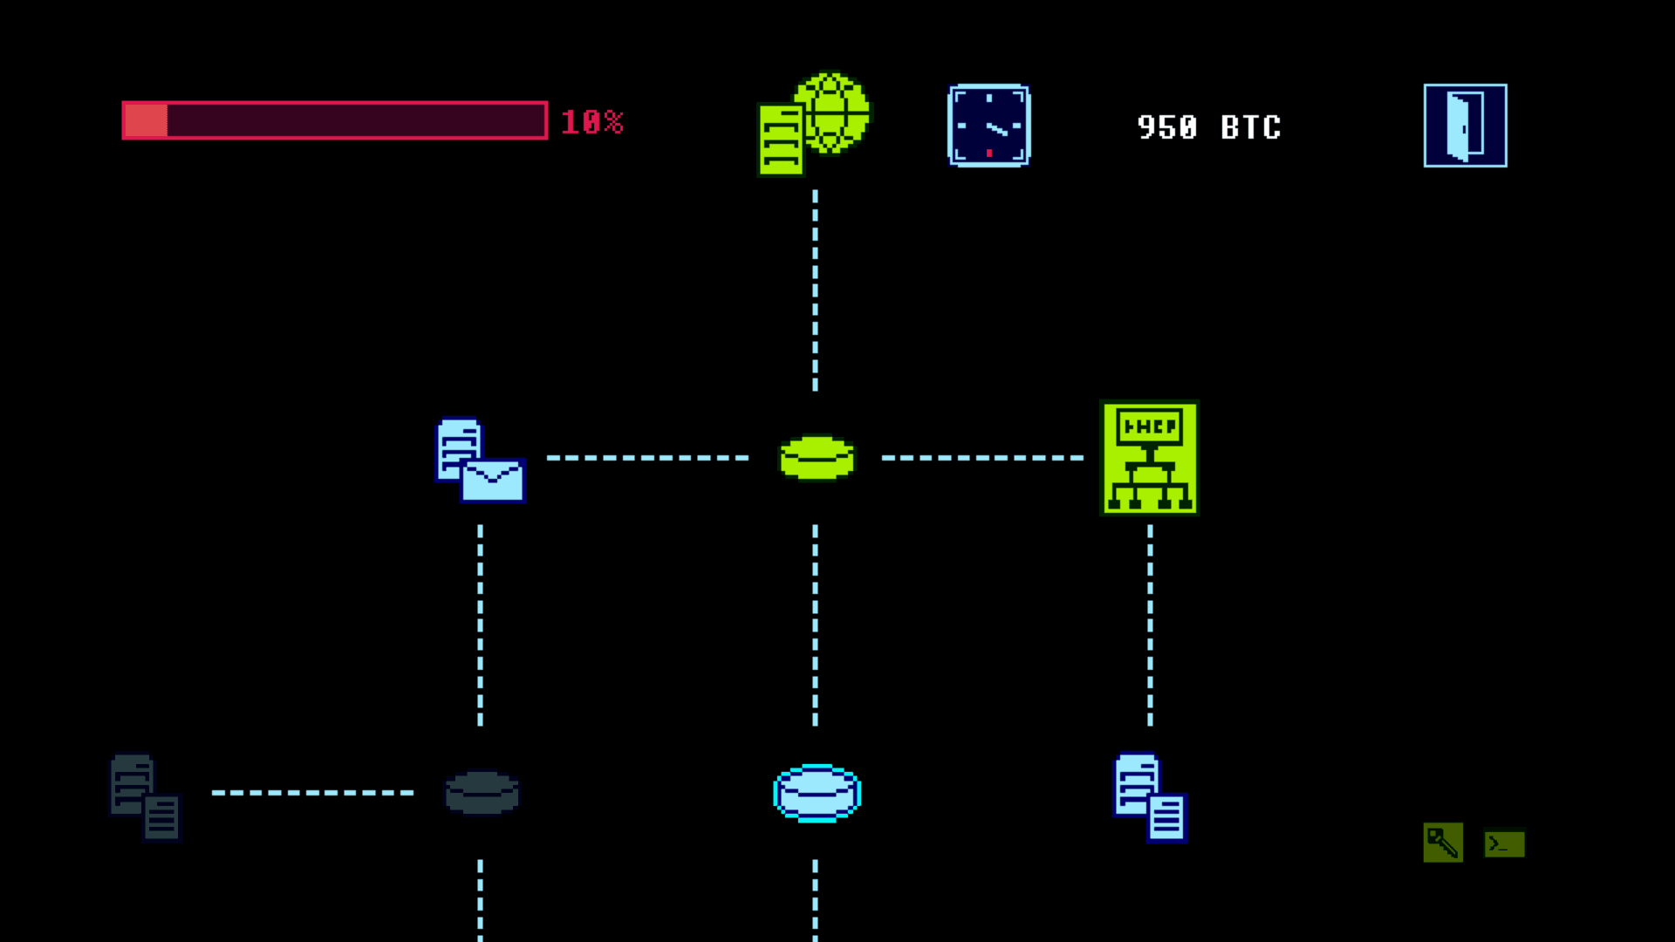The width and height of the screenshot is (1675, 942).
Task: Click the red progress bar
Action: coord(335,120)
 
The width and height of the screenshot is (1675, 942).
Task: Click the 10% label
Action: coord(591,122)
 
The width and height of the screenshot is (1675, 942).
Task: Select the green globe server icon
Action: coord(814,123)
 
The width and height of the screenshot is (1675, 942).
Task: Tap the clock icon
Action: coord(988,126)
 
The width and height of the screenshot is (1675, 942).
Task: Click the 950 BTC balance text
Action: coord(1209,127)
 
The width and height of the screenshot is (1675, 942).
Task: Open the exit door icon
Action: coord(1465,126)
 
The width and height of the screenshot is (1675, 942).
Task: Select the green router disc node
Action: coord(817,458)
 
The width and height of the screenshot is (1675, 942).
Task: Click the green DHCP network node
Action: coord(1150,458)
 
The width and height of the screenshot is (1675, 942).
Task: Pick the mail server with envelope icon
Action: coord(480,461)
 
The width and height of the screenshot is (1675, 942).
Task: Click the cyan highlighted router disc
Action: coord(817,793)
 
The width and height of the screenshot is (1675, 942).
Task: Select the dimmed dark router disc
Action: coord(482,793)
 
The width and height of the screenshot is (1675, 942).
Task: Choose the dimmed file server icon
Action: coord(146,797)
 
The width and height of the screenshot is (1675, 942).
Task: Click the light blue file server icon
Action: coord(1150,797)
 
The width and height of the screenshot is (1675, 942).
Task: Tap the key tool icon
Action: coord(1443,843)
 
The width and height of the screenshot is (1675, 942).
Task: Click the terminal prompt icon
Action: coord(1505,843)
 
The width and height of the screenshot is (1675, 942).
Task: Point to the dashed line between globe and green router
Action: coord(815,290)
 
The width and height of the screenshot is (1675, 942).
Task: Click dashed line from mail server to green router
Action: coord(647,458)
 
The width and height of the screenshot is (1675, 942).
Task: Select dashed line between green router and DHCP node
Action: coord(982,458)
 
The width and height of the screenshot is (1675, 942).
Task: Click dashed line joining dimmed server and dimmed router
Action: coord(312,793)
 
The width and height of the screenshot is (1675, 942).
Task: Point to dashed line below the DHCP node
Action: coord(1150,625)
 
